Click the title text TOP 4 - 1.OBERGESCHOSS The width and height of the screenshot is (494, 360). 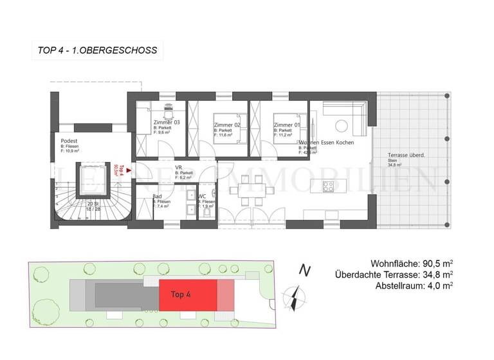click(94, 50)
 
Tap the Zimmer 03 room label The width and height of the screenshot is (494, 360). click(167, 122)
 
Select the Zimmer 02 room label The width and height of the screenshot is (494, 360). click(226, 125)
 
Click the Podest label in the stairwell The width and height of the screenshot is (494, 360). click(69, 141)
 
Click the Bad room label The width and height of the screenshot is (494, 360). click(157, 195)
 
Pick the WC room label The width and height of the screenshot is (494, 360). click(202, 195)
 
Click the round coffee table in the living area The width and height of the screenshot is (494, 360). click(342, 125)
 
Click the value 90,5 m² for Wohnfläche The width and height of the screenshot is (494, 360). click(435, 264)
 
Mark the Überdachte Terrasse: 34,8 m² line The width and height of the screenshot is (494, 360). click(394, 274)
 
